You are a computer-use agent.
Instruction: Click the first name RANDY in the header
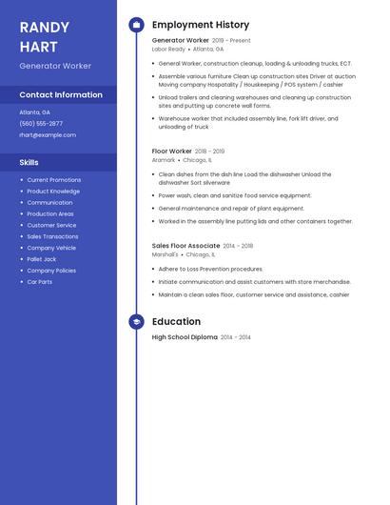pyautogui.click(x=44, y=28)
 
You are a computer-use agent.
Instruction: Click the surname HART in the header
pyautogui.click(x=38, y=47)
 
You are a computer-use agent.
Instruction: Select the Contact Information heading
pyautogui.click(x=61, y=95)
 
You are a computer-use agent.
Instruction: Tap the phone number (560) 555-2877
pyautogui.click(x=41, y=124)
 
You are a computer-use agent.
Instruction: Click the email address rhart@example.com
pyautogui.click(x=47, y=135)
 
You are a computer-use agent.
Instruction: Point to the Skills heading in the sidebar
pyautogui.click(x=29, y=163)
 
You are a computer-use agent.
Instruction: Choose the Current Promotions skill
pyautogui.click(x=53, y=180)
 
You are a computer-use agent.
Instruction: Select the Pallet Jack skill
pyautogui.click(x=41, y=259)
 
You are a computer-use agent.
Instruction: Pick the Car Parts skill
pyautogui.click(x=39, y=282)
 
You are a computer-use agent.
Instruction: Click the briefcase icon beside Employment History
pyautogui.click(x=136, y=24)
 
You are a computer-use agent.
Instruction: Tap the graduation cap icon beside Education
pyautogui.click(x=136, y=322)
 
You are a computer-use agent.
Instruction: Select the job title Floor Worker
pyautogui.click(x=171, y=151)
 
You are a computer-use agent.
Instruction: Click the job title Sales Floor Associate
pyautogui.click(x=185, y=246)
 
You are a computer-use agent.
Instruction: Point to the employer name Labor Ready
pyautogui.click(x=168, y=49)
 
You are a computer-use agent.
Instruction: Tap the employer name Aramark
pyautogui.click(x=164, y=160)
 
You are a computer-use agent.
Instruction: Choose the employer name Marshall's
pyautogui.click(x=165, y=254)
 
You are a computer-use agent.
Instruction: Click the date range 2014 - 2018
pyautogui.click(x=238, y=246)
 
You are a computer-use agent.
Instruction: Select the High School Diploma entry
pyautogui.click(x=185, y=337)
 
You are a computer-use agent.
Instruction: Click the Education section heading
pyautogui.click(x=176, y=322)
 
